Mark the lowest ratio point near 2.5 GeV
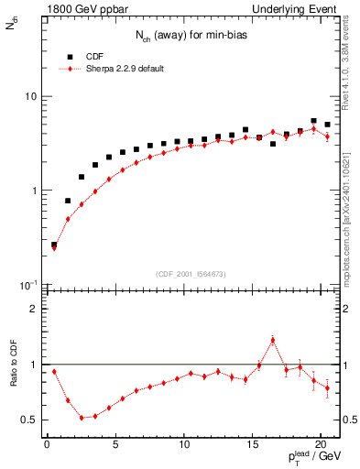pyautogui.click(x=82, y=418)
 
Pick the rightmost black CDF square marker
pyautogui.click(x=327, y=125)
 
